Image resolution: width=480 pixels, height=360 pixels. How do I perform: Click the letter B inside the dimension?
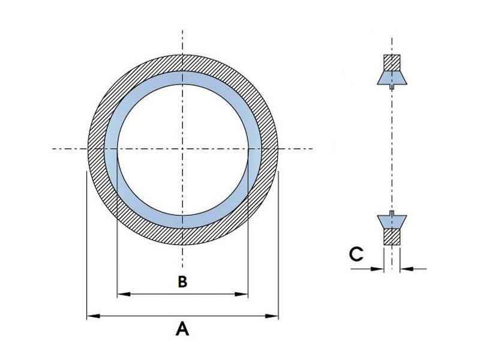pos(183,281)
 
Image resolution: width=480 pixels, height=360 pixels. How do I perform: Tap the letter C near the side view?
pos(356,254)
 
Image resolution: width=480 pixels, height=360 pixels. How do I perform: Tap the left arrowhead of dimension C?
pos(379,269)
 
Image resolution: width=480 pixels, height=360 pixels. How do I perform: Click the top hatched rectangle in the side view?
pos(392,63)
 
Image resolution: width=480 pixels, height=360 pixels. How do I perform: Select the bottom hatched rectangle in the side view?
pos(392,236)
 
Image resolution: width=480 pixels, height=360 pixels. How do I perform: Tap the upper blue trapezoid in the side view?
pos(392,77)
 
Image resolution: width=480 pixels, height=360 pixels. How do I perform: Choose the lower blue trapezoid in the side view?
pos(392,221)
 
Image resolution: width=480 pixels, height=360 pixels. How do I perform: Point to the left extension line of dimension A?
pos(87,240)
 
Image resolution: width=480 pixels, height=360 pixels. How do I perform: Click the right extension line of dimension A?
pos(279,240)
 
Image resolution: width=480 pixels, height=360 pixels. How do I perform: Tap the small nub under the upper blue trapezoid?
pos(392,86)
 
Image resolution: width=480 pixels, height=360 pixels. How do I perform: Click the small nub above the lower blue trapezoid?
pos(392,212)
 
